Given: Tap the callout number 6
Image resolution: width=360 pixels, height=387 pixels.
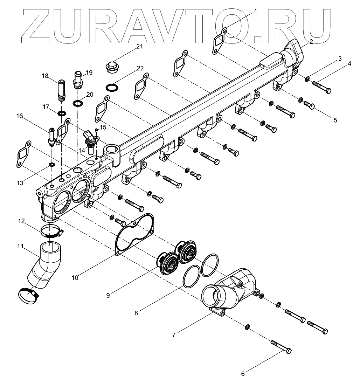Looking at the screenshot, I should (243, 373).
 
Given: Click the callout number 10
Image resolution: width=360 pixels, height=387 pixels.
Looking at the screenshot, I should (75, 277).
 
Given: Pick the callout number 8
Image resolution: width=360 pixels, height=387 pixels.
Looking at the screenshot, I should (136, 312).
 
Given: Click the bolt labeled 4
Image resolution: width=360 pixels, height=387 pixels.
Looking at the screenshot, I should (320, 87).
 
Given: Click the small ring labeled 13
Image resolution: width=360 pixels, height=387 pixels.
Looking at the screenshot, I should (51, 165).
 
